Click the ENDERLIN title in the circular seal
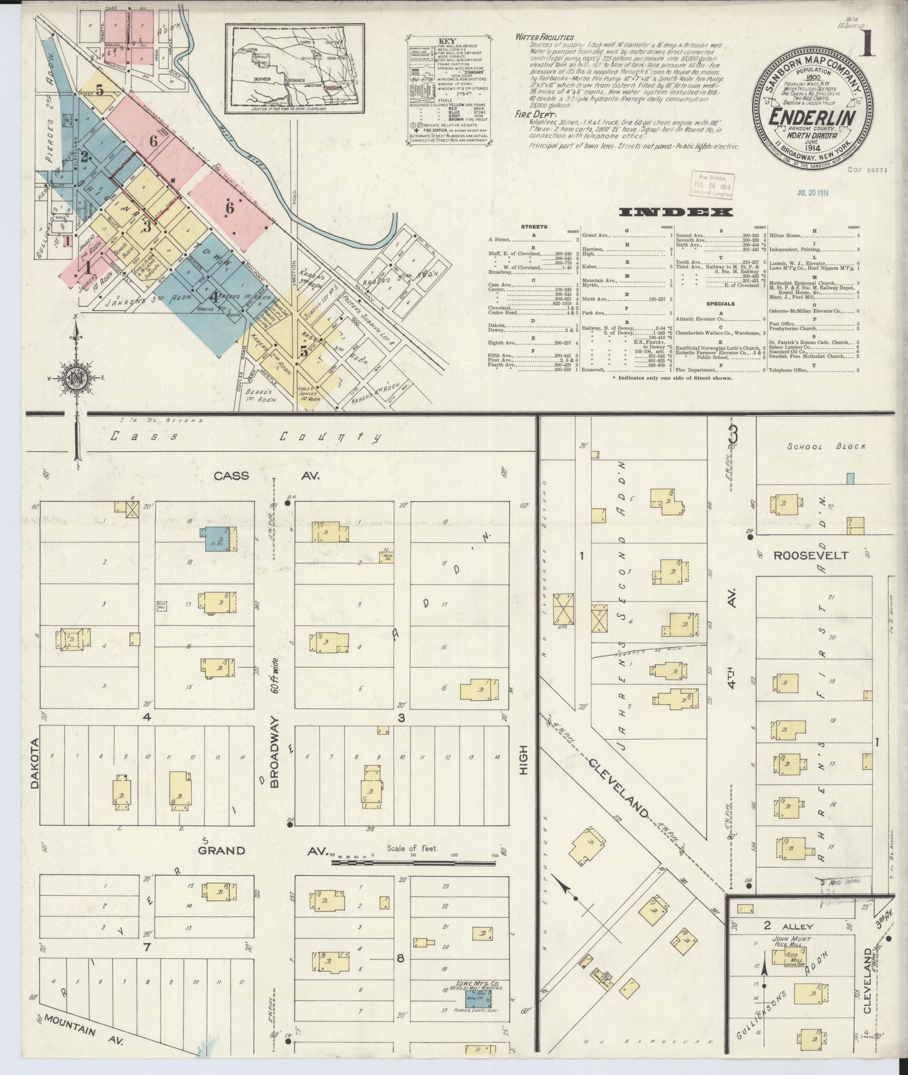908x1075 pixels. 813,118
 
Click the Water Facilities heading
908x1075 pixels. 544,37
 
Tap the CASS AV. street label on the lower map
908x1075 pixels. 265,475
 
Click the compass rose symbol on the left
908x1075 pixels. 74,378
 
